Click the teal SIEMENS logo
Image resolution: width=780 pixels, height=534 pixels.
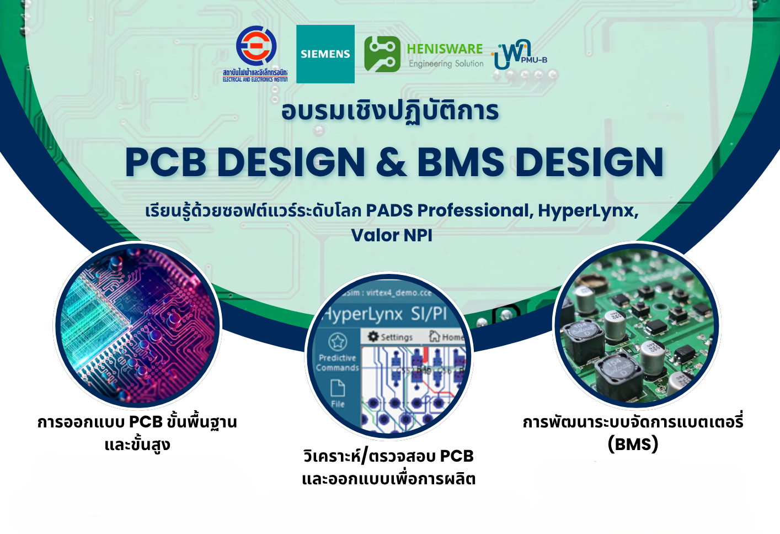coord(325,54)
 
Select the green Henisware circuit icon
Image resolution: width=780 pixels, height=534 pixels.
coord(382,54)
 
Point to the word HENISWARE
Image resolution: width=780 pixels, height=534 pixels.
coord(445,49)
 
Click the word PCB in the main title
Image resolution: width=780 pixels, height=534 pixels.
coord(165,162)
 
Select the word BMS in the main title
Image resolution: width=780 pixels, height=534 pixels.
coord(460,162)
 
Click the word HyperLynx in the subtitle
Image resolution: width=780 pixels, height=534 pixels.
coord(588,210)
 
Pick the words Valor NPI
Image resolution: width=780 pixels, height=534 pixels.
coord(392,235)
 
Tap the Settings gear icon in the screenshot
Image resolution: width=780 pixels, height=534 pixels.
coord(373,336)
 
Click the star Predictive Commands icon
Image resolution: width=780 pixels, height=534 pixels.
coord(338,341)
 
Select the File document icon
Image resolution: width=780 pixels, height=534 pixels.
coord(338,388)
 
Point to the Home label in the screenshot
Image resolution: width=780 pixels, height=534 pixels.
coord(452,337)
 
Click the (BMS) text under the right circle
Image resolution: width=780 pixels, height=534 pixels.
coord(633,444)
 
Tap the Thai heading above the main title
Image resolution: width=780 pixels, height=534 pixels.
coord(390,110)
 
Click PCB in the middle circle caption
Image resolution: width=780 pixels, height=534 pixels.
coord(457,456)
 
